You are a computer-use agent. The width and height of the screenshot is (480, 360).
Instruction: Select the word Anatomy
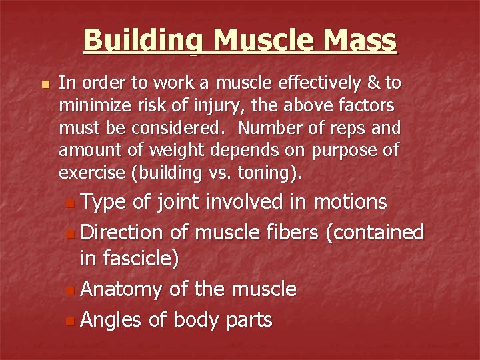coord(122,290)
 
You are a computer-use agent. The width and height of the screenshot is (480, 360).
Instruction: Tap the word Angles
coord(111,321)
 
